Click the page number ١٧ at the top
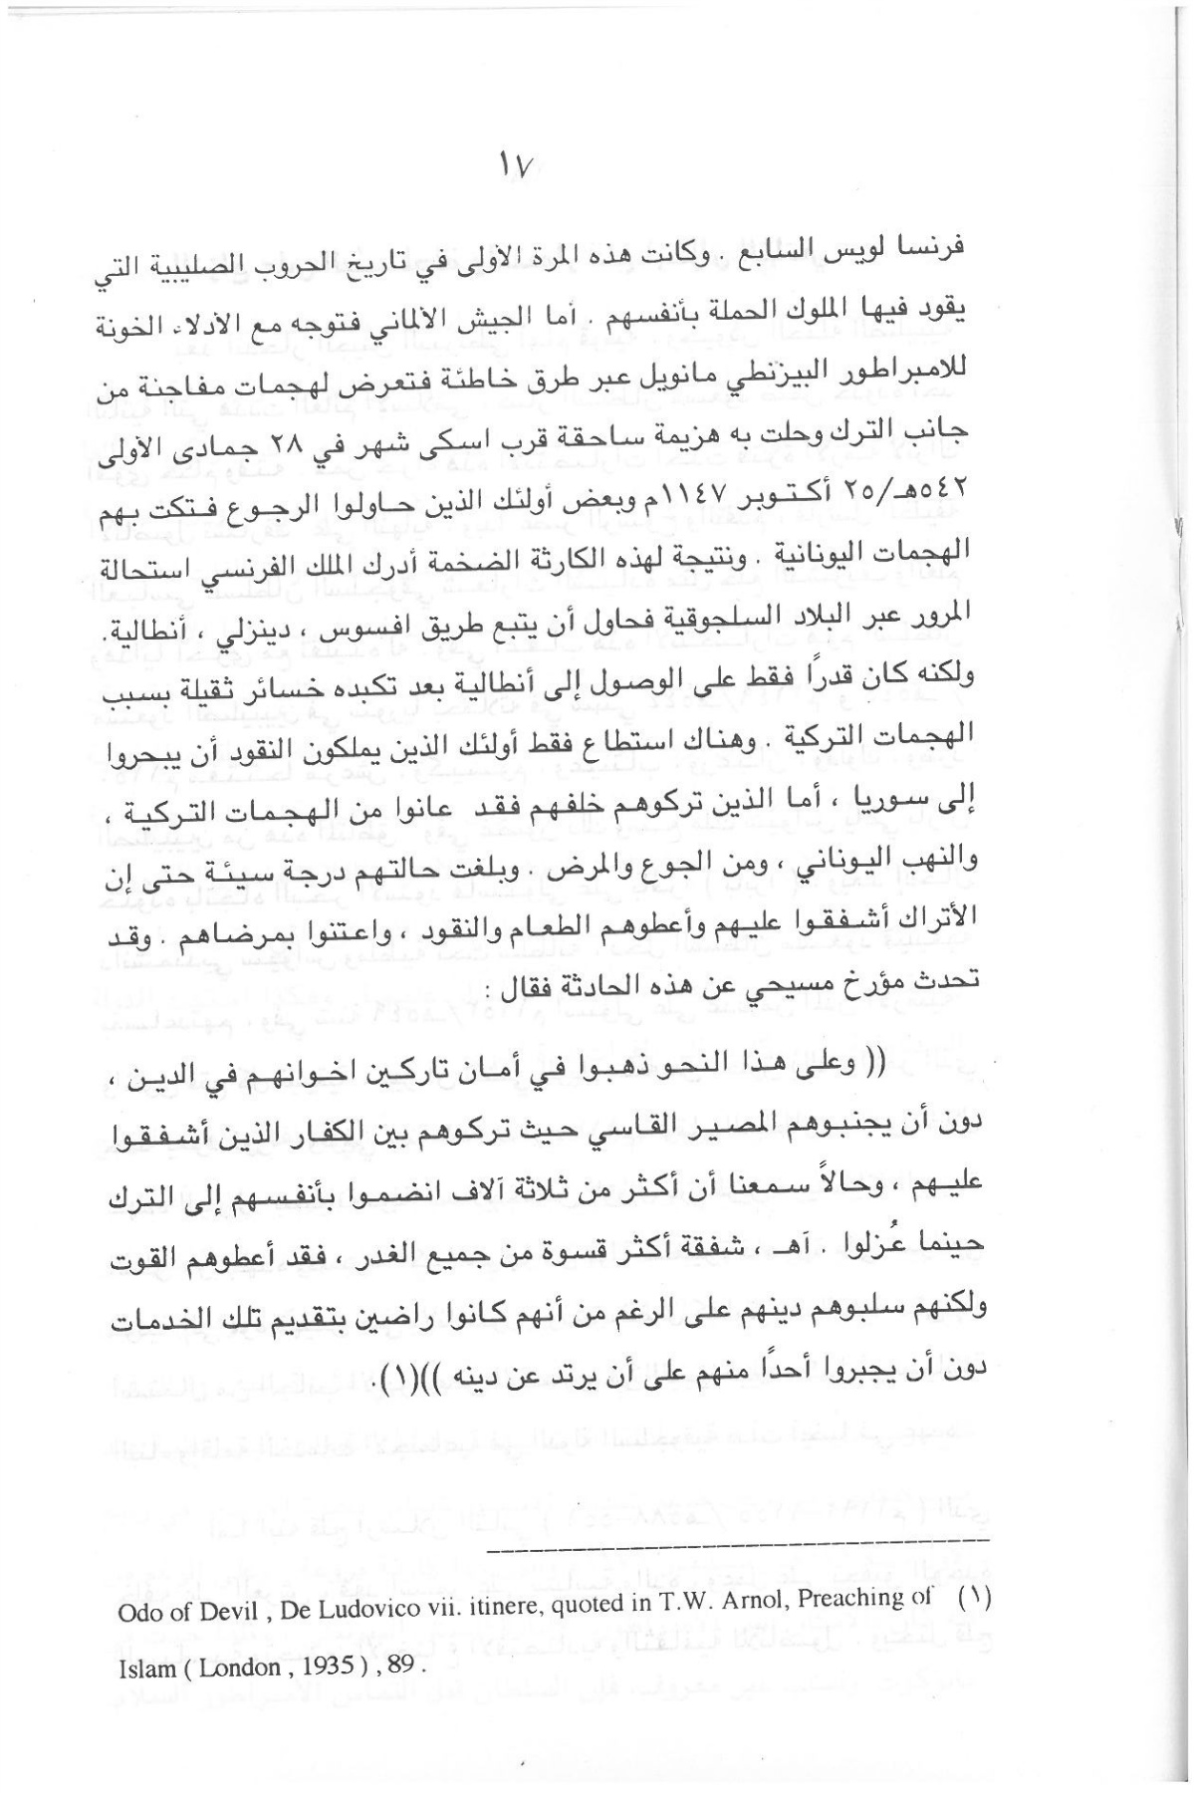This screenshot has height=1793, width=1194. [x=520, y=167]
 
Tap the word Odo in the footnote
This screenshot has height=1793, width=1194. [x=136, y=1621]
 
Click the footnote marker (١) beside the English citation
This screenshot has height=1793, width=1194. [x=977, y=1618]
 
